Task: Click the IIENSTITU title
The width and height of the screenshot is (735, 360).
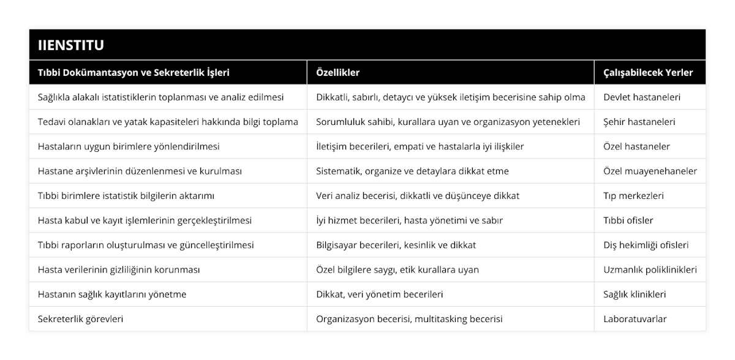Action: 71,45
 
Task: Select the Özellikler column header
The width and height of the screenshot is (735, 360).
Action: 337,72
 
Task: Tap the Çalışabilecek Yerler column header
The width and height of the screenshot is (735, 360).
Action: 648,72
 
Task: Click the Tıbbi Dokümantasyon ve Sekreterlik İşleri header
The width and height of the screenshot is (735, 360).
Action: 134,72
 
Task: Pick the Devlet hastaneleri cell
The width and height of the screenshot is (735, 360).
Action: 642,97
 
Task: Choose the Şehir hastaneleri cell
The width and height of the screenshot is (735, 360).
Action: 639,122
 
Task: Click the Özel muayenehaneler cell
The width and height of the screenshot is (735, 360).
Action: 650,171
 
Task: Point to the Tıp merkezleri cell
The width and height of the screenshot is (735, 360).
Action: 633,196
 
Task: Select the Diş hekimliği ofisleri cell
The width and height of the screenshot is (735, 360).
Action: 646,245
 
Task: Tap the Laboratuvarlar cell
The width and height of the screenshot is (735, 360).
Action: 635,319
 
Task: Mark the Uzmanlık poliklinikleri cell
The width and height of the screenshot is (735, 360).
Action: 650,269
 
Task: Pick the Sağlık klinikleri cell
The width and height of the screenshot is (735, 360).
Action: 635,294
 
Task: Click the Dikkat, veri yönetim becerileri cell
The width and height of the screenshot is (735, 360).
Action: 380,294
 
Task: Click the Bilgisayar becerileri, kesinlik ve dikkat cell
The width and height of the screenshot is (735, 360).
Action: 396,245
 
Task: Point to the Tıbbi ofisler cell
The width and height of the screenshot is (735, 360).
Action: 628,220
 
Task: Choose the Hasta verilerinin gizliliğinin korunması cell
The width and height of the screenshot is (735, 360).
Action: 118,269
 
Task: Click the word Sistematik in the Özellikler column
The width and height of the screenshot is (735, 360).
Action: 339,171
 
